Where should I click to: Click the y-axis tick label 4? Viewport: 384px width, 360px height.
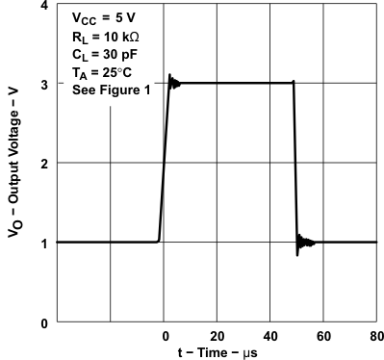[x=44, y=7]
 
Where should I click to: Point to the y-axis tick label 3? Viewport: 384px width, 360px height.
[x=44, y=85]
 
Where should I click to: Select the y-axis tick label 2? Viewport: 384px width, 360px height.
[x=44, y=164]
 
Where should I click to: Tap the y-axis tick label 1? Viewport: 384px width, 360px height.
[x=44, y=243]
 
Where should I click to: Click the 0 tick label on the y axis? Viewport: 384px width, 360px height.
[x=44, y=321]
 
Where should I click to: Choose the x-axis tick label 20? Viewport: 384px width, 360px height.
[x=218, y=336]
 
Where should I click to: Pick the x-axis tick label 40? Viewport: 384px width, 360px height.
[x=270, y=336]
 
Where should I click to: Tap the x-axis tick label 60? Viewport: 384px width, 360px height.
[x=323, y=336]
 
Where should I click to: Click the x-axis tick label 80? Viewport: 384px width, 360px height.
[x=374, y=336]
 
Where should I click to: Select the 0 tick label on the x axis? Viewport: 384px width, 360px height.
[x=165, y=336]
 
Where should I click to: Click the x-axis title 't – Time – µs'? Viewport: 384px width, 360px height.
[x=218, y=352]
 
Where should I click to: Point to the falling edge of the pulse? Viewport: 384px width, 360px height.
[x=294, y=164]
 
